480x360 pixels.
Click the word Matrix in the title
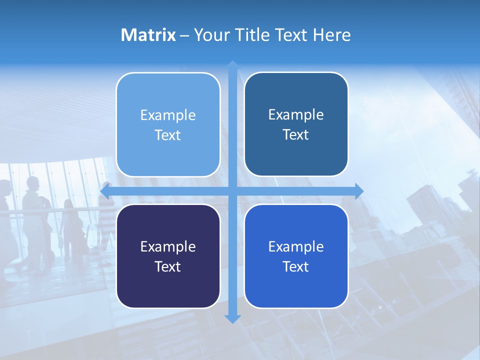148,35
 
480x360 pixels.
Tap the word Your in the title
211,35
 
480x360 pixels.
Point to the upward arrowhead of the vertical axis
232,65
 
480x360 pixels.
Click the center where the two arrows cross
232,191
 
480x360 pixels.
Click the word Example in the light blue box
168,115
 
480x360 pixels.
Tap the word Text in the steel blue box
296,135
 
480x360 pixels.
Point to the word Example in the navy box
168,247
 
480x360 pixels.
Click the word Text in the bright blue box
296,267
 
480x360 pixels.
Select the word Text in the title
290,35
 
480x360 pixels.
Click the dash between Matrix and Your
184,35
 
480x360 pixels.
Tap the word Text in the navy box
168,267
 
